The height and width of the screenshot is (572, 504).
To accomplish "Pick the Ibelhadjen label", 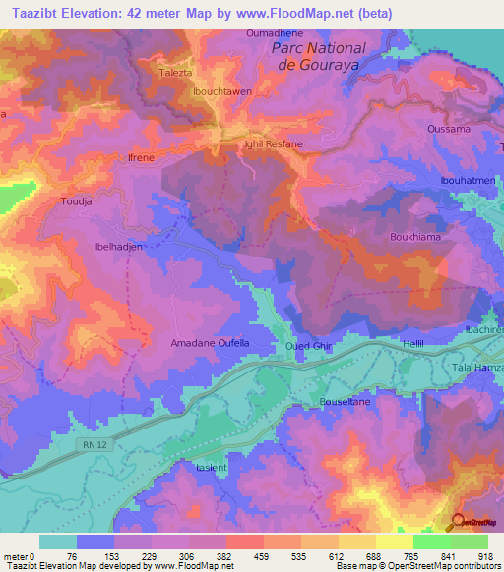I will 118,247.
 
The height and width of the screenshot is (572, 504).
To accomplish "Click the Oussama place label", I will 447,129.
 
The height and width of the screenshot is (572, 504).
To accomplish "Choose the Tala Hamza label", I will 476,367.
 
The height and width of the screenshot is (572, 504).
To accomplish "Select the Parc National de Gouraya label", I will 318,56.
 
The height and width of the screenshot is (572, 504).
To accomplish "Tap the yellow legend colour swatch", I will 395,542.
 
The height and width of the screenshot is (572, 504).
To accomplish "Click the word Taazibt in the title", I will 37,14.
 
